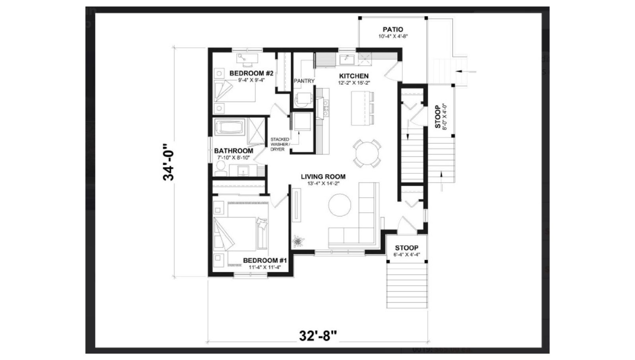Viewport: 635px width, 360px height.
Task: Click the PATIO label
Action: [393, 29]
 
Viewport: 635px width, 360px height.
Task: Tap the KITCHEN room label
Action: [354, 76]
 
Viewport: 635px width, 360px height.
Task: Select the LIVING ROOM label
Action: [323, 177]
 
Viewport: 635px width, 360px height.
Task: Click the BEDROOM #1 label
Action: [265, 261]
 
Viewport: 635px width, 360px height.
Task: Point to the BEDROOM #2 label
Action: [251, 74]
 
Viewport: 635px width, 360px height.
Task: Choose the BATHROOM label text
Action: [233, 151]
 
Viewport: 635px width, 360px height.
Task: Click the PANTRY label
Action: [304, 81]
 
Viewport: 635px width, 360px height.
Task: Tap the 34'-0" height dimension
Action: [168, 162]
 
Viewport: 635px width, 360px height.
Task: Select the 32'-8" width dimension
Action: [318, 336]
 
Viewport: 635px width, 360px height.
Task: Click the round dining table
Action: [367, 153]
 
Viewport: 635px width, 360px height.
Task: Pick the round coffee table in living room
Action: [340, 205]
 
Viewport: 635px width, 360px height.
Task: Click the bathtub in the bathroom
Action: [230, 127]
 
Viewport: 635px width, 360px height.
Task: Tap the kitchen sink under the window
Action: [347, 60]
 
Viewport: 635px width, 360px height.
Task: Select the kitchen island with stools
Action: [363, 108]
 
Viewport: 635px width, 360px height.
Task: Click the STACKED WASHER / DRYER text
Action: [280, 144]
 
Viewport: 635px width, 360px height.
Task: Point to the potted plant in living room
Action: [298, 241]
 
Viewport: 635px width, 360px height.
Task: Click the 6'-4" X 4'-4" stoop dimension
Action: [406, 255]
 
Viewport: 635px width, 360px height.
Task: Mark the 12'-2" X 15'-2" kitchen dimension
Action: [354, 83]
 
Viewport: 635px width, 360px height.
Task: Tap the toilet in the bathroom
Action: [220, 169]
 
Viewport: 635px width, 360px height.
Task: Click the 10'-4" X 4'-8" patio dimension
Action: [393, 36]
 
